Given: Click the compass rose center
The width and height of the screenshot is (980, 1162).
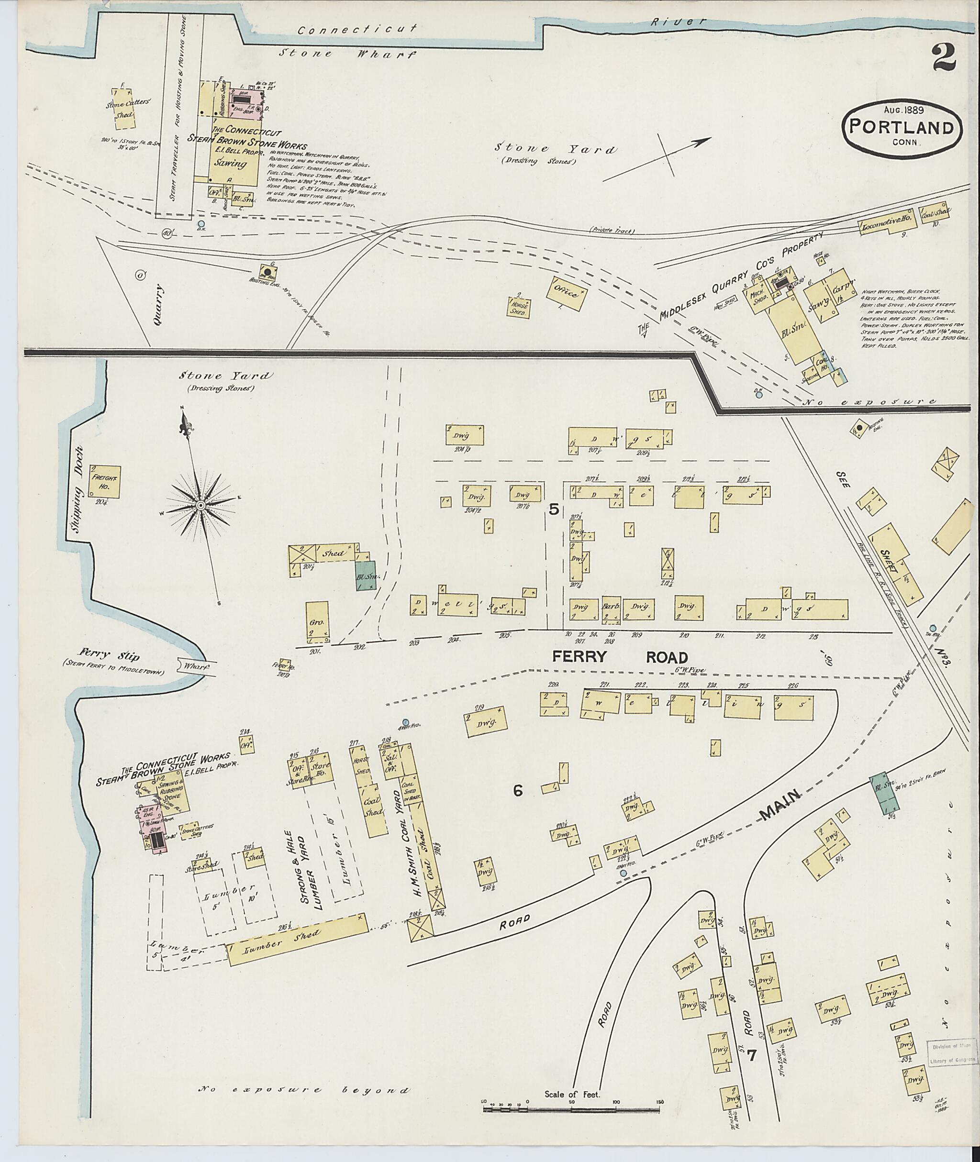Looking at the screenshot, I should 200,504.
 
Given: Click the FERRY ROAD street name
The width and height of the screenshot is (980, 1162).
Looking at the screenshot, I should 620,657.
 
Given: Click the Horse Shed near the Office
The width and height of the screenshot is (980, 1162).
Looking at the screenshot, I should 521,307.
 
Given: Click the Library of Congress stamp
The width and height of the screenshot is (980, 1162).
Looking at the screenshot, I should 952,1049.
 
